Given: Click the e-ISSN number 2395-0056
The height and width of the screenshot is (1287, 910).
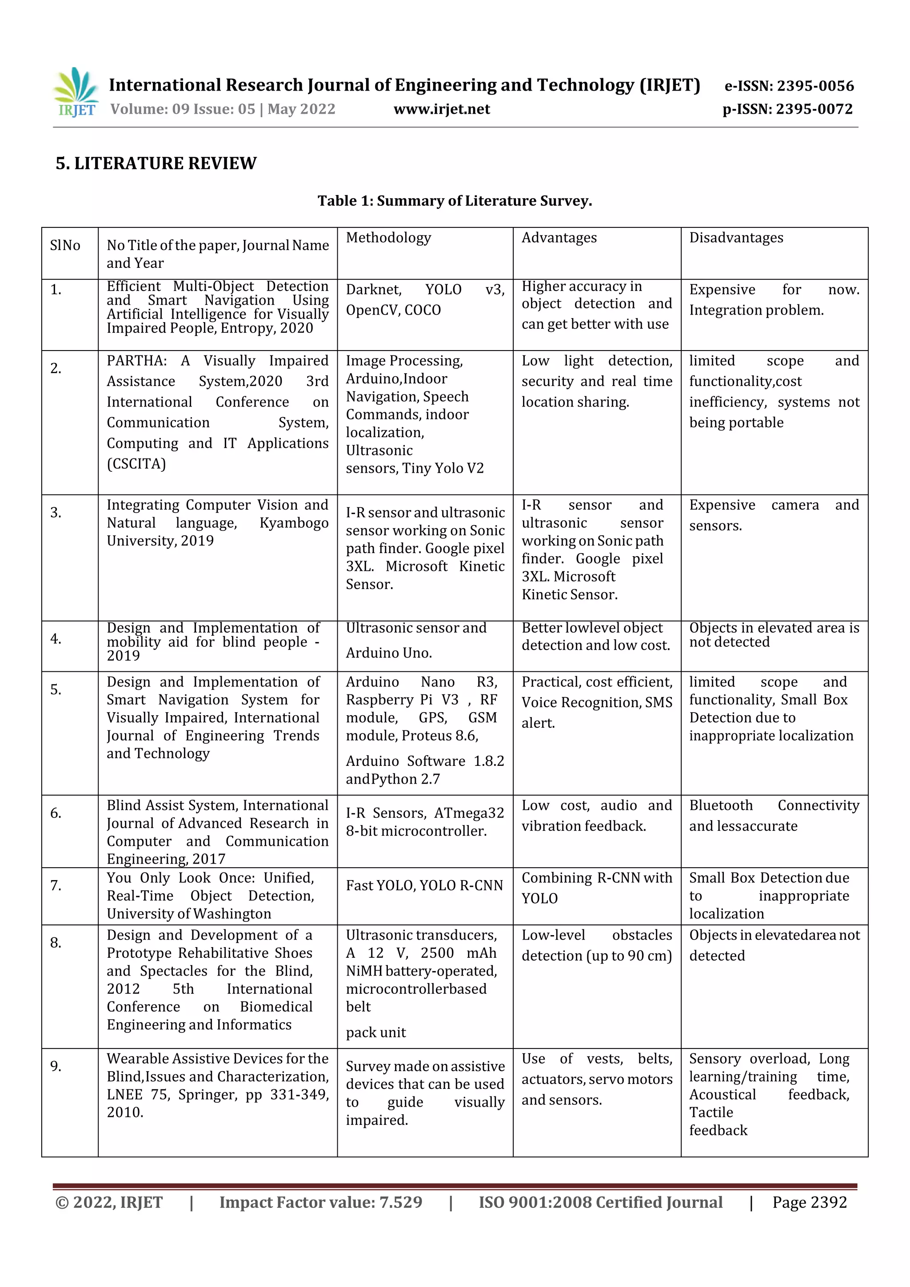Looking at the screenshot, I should click(814, 86).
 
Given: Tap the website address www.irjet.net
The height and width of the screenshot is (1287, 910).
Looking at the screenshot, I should click(442, 109).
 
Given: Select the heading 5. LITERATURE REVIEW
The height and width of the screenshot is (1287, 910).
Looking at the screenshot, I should click(156, 163).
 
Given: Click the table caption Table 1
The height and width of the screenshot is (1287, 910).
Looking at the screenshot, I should click(455, 201).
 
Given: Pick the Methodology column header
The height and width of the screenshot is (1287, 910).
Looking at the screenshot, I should click(388, 238).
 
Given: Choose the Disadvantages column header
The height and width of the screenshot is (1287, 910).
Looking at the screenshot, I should click(736, 238).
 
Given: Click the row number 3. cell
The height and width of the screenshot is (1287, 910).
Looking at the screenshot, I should click(56, 512).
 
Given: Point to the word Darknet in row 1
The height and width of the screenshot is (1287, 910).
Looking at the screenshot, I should click(373, 290).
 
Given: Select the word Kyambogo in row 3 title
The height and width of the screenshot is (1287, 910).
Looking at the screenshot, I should click(294, 523).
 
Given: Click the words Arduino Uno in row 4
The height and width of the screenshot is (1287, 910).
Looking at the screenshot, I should click(388, 653).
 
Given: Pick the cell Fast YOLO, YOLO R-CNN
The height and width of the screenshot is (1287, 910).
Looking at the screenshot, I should click(424, 886).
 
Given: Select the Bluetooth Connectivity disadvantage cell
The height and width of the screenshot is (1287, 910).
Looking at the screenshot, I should click(774, 816).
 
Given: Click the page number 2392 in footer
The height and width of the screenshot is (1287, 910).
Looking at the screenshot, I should click(828, 1202).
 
